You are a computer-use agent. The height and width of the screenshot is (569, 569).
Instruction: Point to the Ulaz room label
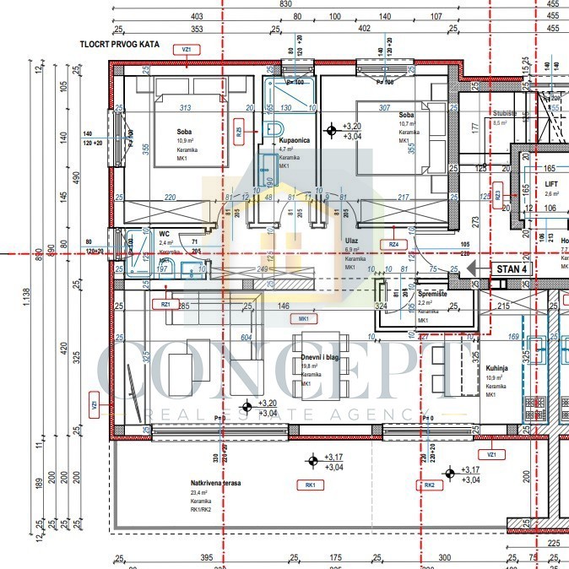point(351,241)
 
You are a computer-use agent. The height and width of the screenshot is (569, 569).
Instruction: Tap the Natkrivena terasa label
point(215,483)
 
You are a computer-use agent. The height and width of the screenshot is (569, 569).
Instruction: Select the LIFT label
point(552,182)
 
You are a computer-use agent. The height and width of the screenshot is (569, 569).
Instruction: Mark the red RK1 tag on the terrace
point(311,485)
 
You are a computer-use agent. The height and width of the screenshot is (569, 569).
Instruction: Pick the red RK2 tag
point(430,485)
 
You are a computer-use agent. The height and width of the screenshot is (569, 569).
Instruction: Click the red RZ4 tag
point(393,245)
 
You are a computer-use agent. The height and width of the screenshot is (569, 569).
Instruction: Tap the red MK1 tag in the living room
point(302,319)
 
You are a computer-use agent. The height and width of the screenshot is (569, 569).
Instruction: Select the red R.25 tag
point(240,131)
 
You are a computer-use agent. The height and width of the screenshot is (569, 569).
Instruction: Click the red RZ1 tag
point(165,304)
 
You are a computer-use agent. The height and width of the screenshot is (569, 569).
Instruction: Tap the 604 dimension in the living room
point(247,337)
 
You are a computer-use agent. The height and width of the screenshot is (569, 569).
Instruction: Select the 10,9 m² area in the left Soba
point(184,140)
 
